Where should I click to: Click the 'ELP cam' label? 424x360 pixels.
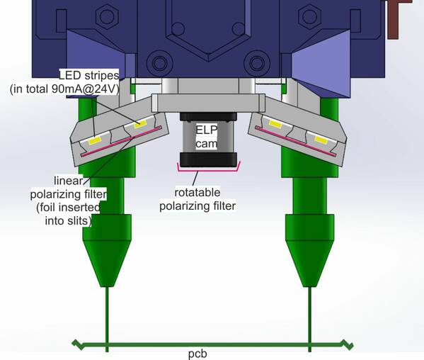coord(207,137)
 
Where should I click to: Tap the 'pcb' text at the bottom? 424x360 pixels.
coord(197,354)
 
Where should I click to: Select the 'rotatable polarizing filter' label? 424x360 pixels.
coord(197,199)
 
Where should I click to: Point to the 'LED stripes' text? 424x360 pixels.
coord(89,75)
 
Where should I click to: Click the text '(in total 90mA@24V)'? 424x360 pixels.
coord(64,89)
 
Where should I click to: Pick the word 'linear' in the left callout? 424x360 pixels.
coord(68,181)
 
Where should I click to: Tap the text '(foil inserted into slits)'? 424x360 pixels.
coord(68,214)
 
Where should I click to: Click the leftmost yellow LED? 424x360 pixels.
coord(95,141)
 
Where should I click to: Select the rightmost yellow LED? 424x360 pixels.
coord(321,140)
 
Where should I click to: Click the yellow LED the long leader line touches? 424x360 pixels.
coord(140,124)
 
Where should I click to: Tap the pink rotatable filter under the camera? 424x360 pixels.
coord(209,169)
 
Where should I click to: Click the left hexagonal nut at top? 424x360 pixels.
coord(107,16)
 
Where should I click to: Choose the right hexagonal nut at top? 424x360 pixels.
coord(310,16)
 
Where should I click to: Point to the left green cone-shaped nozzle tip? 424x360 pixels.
coord(107,263)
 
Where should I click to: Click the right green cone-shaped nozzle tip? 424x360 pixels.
coord(310,263)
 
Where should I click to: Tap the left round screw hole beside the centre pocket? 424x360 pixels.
coord(160,63)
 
